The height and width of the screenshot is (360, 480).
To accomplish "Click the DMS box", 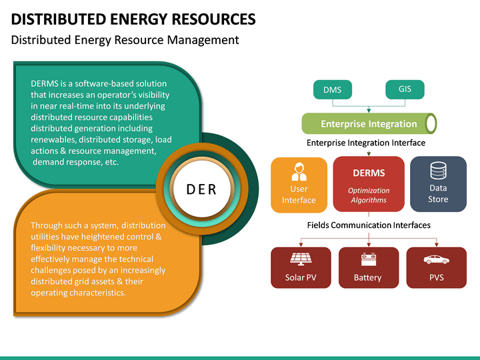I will pos(332,90).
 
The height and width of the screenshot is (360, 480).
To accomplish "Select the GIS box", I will pos(405,89).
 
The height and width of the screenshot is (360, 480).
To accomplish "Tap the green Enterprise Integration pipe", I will pos(369,123).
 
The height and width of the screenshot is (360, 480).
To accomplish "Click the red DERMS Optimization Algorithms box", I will pos(369,184).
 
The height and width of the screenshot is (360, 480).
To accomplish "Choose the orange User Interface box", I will pos(299,184).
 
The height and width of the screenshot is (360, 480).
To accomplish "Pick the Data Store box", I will pos(438,184).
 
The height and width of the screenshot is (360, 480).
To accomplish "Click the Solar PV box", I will pos(301,267).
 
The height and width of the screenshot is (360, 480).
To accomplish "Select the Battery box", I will pos(368,267).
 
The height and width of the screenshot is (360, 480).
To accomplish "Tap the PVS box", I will pos(436,267).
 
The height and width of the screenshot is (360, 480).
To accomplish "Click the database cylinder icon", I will pos(438,171).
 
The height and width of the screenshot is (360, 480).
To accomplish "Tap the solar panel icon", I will pos(300,259).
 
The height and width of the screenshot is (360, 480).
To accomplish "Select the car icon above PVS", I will pos(436,259).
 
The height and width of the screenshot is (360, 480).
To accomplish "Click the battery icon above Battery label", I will pos(368,259).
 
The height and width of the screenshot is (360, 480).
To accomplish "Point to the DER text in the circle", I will pos(201,189).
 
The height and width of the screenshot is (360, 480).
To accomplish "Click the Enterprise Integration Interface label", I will pos(365,143).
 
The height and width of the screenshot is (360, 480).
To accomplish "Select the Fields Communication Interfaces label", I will pos(368,225).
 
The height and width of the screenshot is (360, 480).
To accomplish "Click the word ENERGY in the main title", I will pos(138,19).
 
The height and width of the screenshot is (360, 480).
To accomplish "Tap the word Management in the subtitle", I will pos(200,40).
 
